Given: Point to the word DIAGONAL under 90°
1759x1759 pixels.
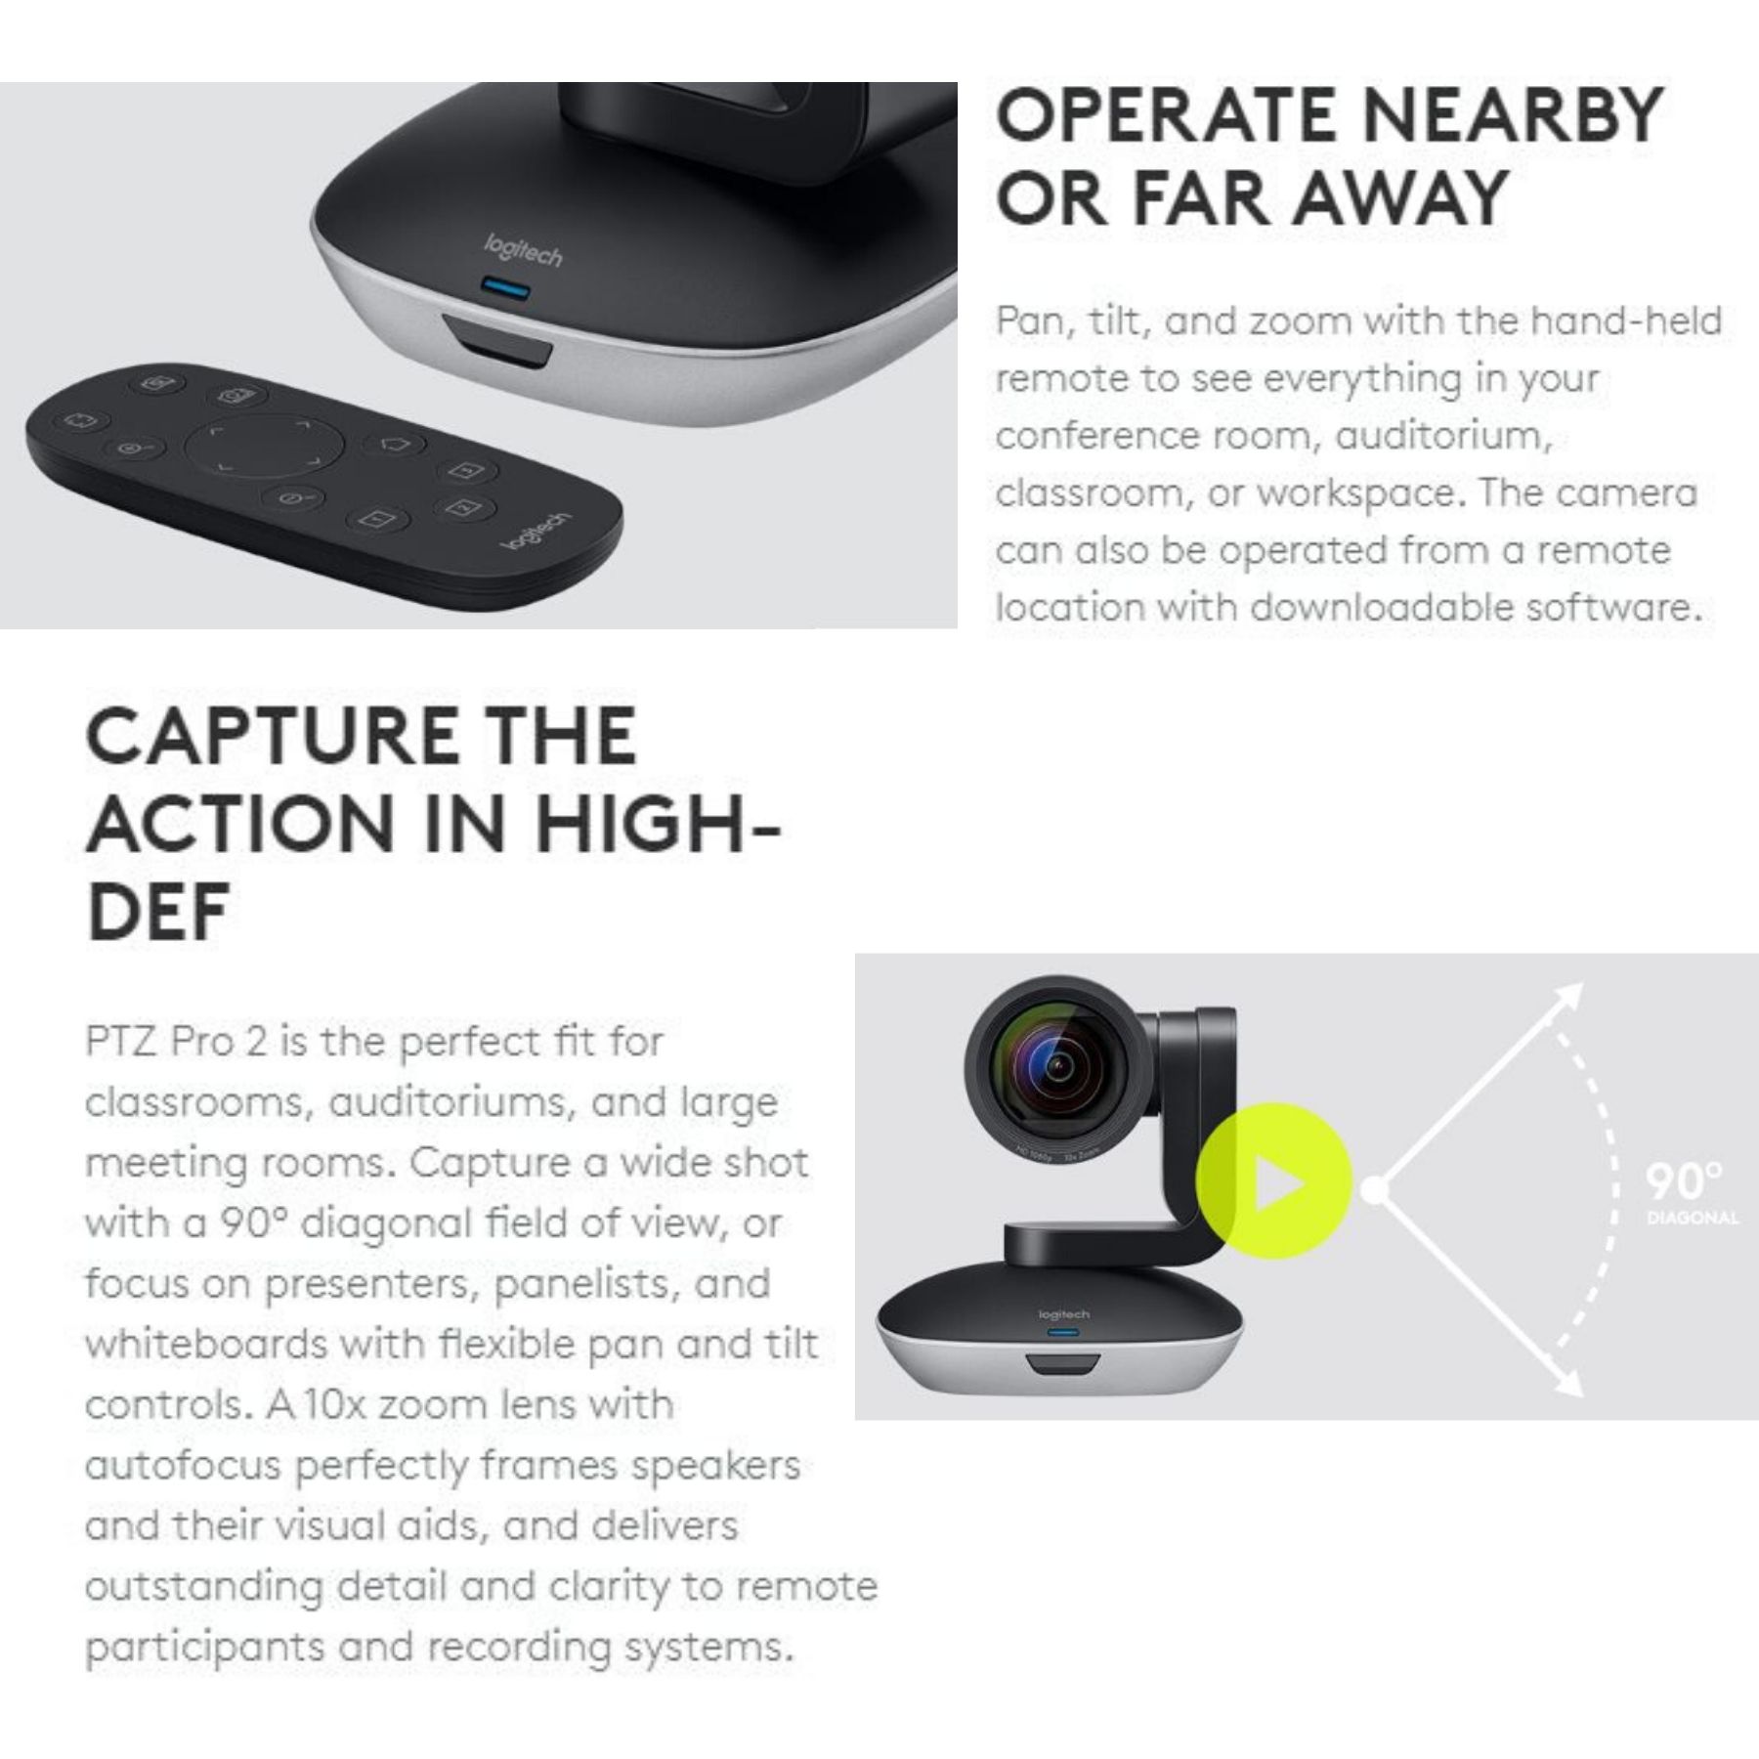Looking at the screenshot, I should tap(1692, 1219).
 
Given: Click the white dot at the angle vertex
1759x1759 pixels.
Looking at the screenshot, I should tap(1373, 1189).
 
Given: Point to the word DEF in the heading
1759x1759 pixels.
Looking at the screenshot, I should tap(158, 911).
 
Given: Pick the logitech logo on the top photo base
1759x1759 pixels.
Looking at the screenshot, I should tap(524, 251).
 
